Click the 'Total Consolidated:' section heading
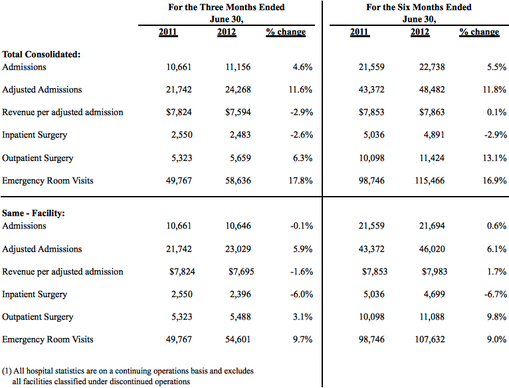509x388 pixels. [41, 54]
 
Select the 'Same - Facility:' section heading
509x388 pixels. [33, 213]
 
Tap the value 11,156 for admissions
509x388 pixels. [238, 67]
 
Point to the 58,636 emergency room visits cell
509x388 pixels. [238, 181]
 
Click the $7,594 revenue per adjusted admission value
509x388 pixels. [238, 112]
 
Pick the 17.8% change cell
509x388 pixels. [300, 181]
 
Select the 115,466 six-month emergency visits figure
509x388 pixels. [429, 181]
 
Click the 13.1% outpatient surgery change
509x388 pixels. [494, 158]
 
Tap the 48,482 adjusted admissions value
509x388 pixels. [432, 90]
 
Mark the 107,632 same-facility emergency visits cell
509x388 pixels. [429, 339]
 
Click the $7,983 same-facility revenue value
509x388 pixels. [435, 272]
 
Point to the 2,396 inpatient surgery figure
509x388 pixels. [241, 294]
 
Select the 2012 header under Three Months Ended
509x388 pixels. [227, 32]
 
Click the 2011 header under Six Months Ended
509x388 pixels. [359, 32]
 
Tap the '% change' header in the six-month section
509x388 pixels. [479, 32]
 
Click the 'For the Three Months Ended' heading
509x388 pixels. [226, 7]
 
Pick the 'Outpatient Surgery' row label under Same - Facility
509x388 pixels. [38, 317]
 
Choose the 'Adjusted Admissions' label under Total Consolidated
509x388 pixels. [42, 90]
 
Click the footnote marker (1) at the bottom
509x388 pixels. [7, 371]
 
